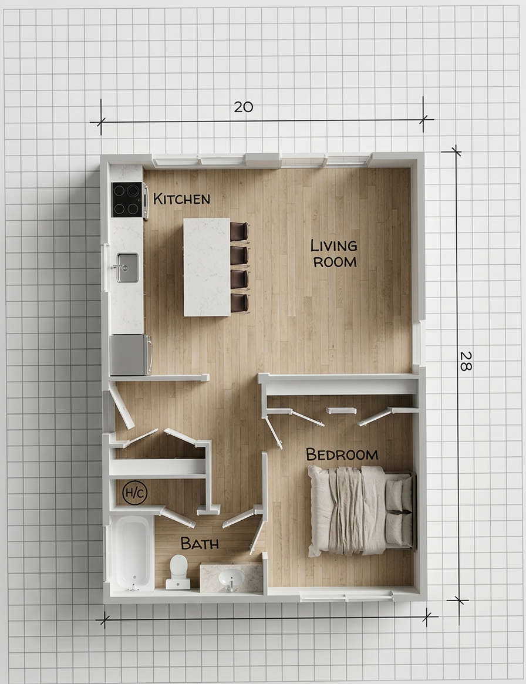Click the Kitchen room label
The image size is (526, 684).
[181, 199]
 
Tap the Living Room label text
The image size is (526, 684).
[334, 254]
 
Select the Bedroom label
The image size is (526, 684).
[342, 454]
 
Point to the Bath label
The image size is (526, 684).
[200, 544]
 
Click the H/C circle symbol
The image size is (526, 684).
[135, 493]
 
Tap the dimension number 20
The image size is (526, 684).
[244, 107]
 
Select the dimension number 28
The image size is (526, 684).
[466, 361]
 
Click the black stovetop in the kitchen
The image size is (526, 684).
[127, 200]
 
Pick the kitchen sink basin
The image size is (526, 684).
[127, 267]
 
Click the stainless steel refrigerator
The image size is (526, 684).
[130, 355]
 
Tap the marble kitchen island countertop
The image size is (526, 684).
[207, 267]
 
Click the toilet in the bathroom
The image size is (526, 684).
[178, 572]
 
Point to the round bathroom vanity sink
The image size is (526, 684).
[231, 578]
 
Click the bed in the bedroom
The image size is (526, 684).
[361, 511]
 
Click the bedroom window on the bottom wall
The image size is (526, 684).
[347, 596]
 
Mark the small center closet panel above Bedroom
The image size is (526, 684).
[342, 410]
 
